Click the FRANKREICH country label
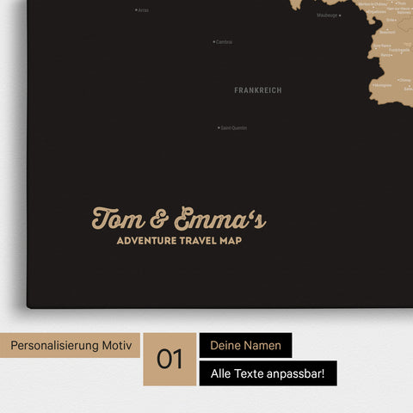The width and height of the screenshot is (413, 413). [257, 89]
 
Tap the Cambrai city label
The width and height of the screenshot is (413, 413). [225, 41]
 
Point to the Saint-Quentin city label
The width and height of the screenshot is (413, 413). [234, 128]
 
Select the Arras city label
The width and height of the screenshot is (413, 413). [144, 10]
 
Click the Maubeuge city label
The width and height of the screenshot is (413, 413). [327, 15]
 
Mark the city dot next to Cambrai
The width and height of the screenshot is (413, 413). [213, 41]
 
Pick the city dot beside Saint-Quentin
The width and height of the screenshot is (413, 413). [219, 128]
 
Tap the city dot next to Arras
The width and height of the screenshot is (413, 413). [136, 10]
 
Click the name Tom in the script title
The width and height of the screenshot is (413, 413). [119, 219]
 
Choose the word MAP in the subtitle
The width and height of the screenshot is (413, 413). [231, 241]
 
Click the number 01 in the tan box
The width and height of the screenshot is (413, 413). [170, 359]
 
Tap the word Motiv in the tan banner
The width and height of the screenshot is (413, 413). [117, 345]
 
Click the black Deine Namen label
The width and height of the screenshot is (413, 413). [245, 345]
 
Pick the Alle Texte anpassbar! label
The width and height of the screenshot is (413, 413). [268, 373]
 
